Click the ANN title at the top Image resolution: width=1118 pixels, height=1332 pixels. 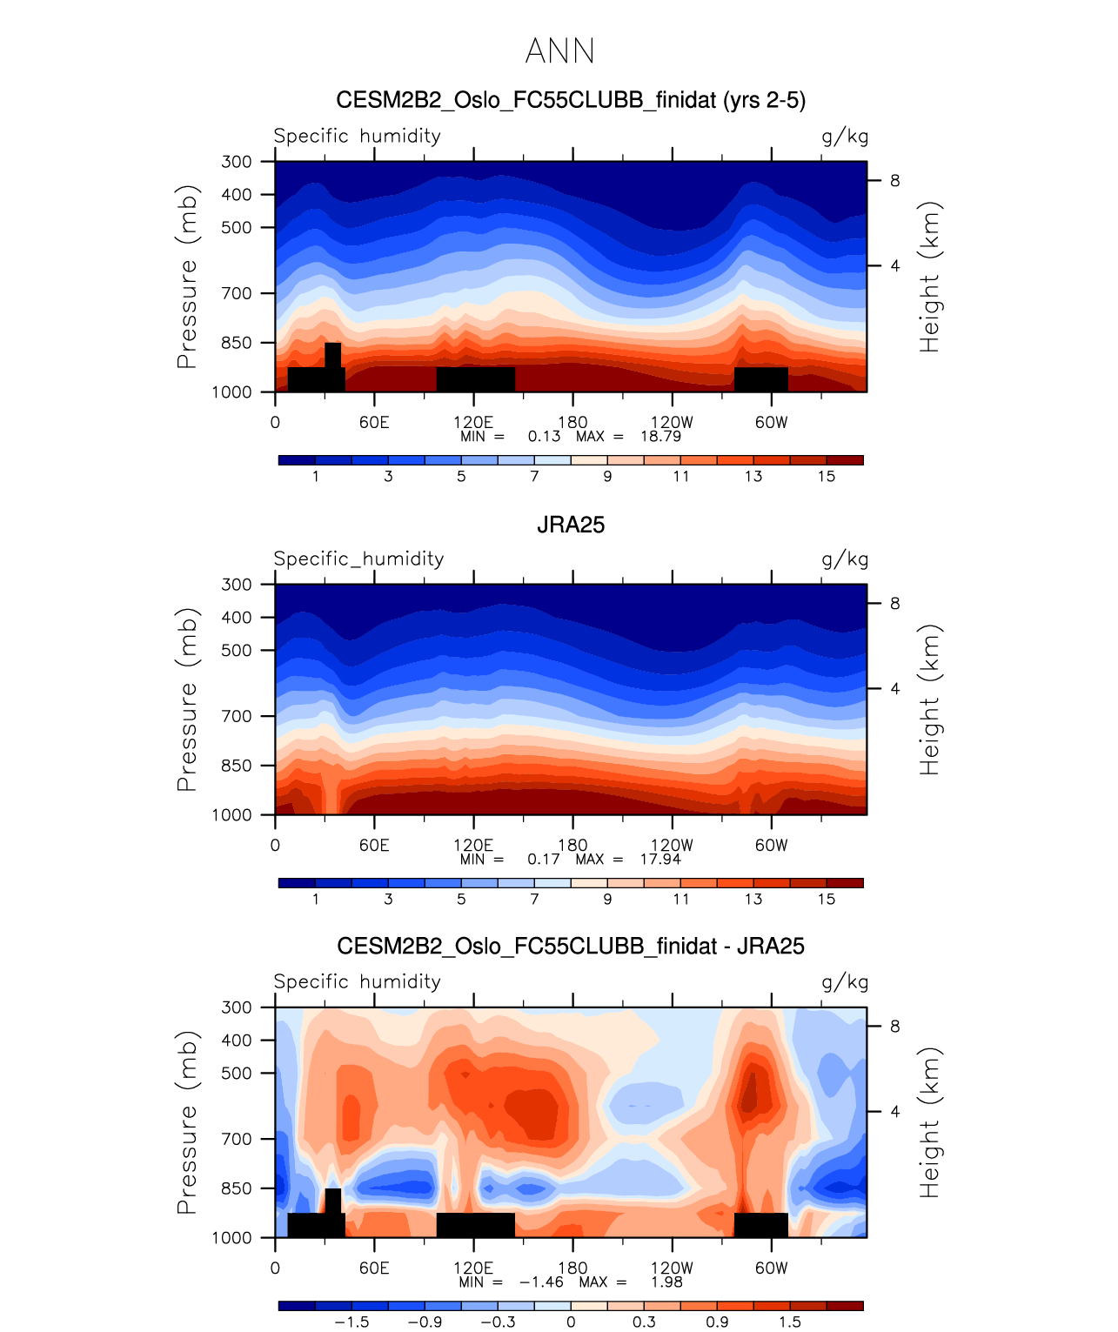click(x=560, y=51)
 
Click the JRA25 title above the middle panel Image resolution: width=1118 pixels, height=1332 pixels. click(x=571, y=525)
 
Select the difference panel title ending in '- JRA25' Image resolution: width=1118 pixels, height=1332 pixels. click(x=571, y=947)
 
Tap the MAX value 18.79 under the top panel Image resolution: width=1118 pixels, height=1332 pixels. click(x=660, y=436)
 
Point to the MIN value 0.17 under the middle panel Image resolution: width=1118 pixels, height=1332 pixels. click(x=544, y=859)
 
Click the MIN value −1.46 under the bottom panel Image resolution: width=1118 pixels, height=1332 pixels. click(x=541, y=1282)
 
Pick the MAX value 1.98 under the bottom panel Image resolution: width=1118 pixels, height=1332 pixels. click(x=666, y=1282)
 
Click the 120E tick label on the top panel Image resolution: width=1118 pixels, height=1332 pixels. click(x=473, y=422)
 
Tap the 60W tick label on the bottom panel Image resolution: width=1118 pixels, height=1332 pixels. click(x=771, y=1268)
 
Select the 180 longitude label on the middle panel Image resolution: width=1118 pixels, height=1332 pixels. click(x=572, y=844)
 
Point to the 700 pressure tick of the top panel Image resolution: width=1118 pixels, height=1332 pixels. click(x=236, y=293)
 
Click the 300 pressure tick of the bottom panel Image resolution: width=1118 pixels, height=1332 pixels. click(x=236, y=1007)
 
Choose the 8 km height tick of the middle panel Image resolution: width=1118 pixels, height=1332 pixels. click(x=894, y=604)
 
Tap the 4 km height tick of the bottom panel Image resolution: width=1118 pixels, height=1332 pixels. click(x=894, y=1112)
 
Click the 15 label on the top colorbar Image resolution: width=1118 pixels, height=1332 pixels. click(x=827, y=476)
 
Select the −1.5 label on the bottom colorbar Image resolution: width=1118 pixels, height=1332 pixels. click(x=351, y=1322)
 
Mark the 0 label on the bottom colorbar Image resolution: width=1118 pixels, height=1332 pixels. click(x=571, y=1322)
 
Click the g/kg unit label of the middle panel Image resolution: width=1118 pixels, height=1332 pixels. click(x=845, y=559)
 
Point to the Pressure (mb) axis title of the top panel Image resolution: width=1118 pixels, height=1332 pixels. click(x=187, y=277)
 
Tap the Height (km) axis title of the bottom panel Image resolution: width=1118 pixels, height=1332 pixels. click(x=930, y=1122)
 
